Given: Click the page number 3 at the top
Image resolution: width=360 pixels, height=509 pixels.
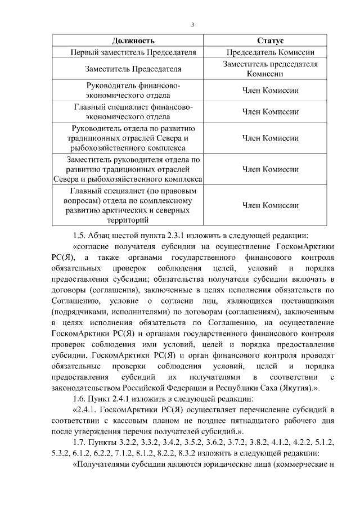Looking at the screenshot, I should coord(192,24).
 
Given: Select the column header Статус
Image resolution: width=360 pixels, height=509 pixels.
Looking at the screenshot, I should coord(270,41).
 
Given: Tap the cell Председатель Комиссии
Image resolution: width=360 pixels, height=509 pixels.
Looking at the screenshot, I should coord(270,52).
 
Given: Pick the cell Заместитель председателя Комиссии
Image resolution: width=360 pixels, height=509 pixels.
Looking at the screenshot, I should coord(270,69).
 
